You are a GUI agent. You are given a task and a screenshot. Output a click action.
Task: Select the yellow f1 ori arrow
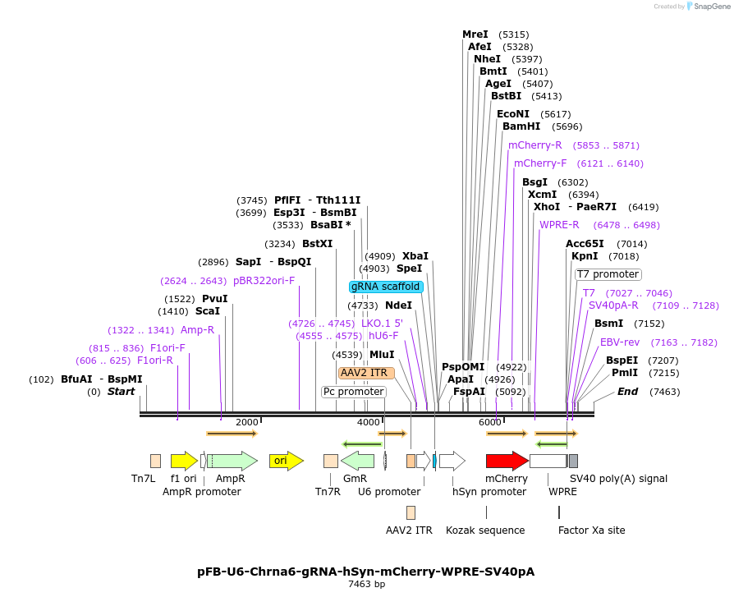coord(183,461)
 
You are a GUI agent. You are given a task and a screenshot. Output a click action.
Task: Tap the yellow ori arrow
coord(286,461)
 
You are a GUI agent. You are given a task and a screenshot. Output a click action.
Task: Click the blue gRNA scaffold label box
coord(386,287)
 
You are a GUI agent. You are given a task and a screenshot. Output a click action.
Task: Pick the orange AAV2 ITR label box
coord(366,373)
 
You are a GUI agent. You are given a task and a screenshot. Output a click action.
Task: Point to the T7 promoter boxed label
coord(608,274)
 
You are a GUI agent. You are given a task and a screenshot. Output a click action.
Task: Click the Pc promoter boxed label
coord(353,392)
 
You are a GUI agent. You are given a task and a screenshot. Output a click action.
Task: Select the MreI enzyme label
coord(475,34)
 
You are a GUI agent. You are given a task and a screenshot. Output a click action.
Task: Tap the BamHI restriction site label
coord(521,126)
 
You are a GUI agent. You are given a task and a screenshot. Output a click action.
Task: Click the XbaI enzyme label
coord(415,256)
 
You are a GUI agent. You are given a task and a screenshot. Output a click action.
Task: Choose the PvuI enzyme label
coord(215,299)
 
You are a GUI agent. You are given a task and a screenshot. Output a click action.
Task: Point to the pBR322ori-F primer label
coord(264,280)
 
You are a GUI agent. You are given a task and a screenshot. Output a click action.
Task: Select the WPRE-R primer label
coord(559,225)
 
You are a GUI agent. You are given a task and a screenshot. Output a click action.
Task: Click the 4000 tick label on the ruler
coord(368,422)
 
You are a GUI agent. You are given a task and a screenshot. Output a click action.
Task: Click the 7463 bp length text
coord(367,585)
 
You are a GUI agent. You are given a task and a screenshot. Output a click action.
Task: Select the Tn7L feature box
coord(155,461)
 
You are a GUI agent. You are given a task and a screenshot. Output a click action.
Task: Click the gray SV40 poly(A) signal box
coord(573,461)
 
